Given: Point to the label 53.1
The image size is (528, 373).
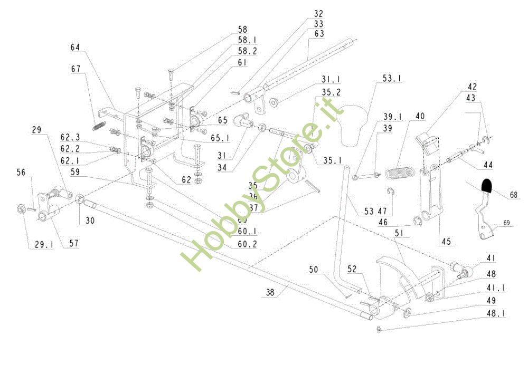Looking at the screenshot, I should [391, 78].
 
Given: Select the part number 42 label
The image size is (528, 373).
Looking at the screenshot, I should [472, 87].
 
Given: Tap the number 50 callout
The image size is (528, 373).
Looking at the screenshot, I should [314, 270].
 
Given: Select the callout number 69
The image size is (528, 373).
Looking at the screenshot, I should [506, 223].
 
